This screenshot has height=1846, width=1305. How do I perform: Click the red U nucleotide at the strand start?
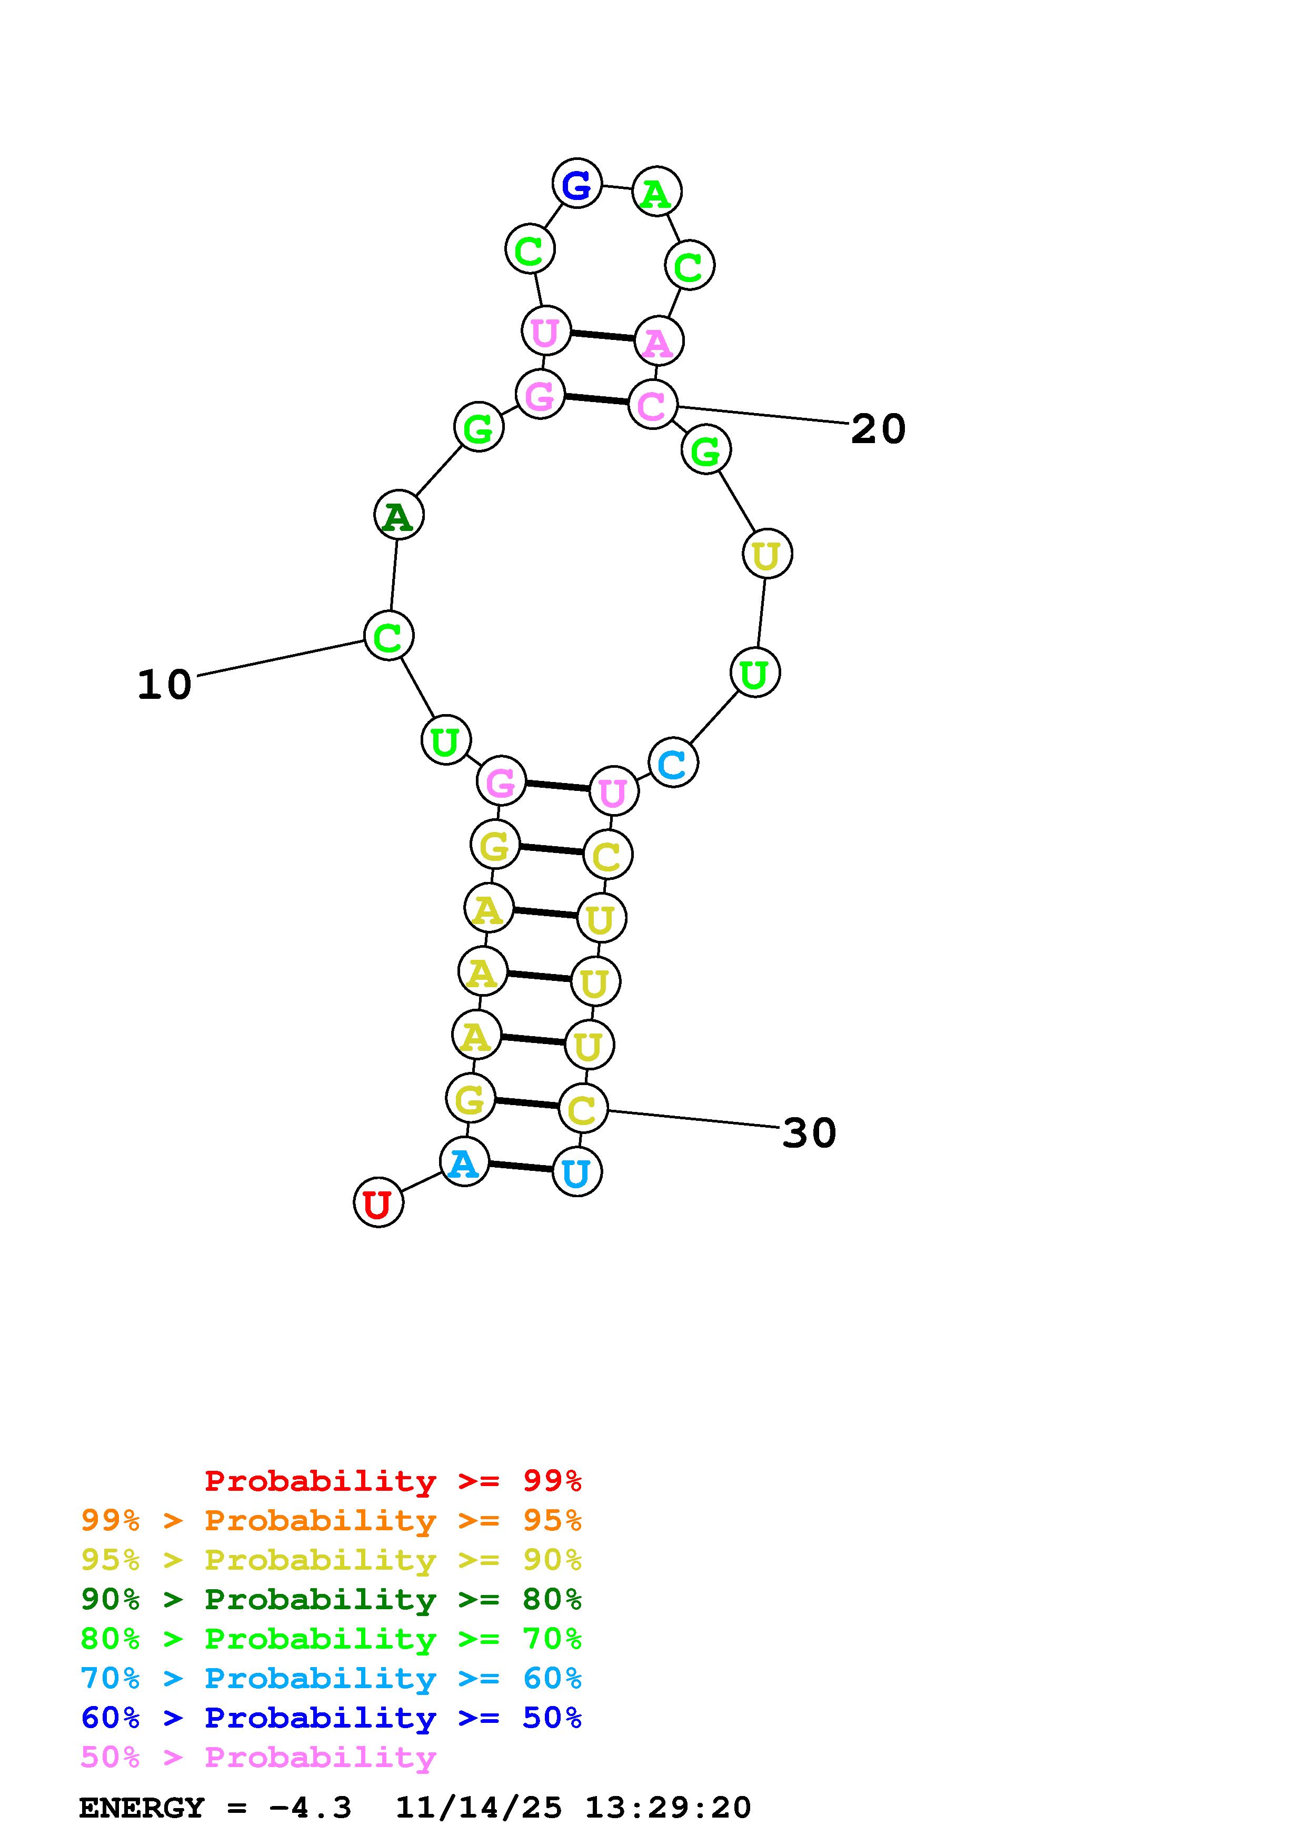[x=378, y=1203]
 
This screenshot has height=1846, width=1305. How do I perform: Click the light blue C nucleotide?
[x=673, y=763]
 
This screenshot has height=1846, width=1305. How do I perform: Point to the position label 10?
[x=165, y=685]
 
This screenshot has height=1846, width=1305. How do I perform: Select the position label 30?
[x=809, y=1133]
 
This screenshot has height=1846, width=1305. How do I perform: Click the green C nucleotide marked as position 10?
[x=389, y=636]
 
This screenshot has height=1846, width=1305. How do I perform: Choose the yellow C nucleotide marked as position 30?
[x=582, y=1109]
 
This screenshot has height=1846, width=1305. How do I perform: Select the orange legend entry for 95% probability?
[x=331, y=1520]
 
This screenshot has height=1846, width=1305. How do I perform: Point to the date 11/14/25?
[x=479, y=1808]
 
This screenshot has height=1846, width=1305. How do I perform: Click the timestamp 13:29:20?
[x=668, y=1808]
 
